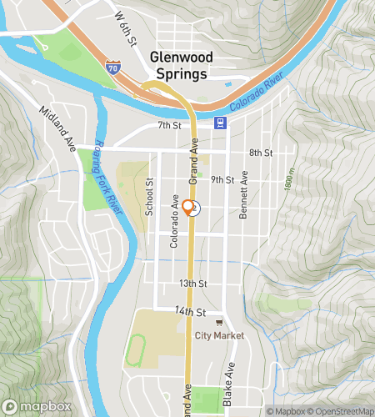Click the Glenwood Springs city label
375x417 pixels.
181,64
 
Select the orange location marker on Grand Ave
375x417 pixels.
189,208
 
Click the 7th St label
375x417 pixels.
169,125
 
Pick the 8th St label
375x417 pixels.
261,153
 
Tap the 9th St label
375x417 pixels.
222,179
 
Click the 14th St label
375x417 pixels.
191,312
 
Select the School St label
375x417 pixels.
150,198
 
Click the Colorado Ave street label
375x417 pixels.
175,222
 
